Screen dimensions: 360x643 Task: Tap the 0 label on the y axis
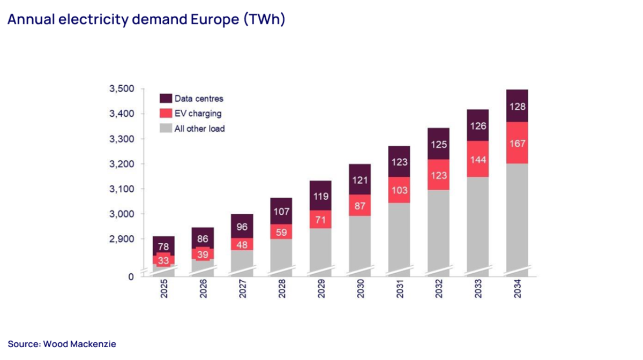[x=131, y=276]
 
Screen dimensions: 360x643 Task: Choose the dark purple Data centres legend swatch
[x=166, y=99]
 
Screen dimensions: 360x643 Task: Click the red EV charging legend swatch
[x=166, y=114]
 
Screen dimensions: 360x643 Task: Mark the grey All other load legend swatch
[x=166, y=129]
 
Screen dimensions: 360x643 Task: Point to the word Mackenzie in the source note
[x=95, y=344]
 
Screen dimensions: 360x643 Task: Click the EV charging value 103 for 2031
[x=399, y=190]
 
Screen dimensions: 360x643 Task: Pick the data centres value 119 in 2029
[x=320, y=196]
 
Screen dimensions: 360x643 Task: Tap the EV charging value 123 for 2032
[x=438, y=175]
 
